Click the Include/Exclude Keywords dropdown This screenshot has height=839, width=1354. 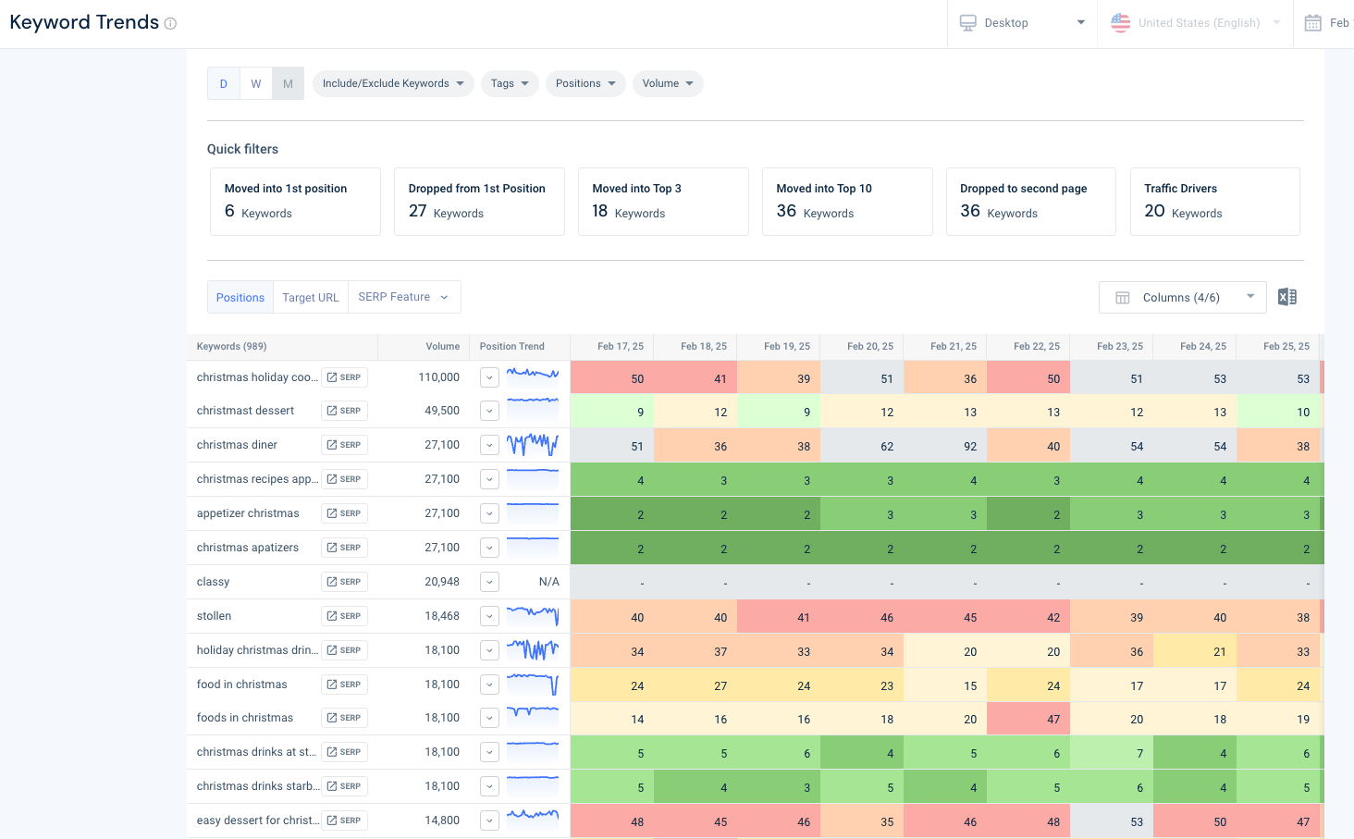[393, 83]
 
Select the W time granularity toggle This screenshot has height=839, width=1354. [256, 83]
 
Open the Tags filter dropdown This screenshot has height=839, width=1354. [510, 83]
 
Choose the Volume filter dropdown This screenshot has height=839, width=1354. [668, 83]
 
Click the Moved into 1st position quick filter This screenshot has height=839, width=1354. [295, 202]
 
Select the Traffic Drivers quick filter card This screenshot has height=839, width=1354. [1214, 202]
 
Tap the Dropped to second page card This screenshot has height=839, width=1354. [1030, 202]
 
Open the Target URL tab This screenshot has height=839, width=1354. [311, 297]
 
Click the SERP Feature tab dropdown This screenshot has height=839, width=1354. [403, 297]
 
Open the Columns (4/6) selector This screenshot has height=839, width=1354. [1182, 297]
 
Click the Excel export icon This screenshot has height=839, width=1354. [1286, 297]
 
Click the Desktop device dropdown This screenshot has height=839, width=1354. [1022, 23]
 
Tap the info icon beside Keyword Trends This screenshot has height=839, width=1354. [170, 24]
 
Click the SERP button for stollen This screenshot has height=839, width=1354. [344, 616]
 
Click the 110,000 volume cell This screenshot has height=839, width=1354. [438, 377]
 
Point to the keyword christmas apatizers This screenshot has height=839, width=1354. [248, 548]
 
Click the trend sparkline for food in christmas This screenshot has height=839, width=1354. [533, 685]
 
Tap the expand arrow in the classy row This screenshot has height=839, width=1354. [489, 582]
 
